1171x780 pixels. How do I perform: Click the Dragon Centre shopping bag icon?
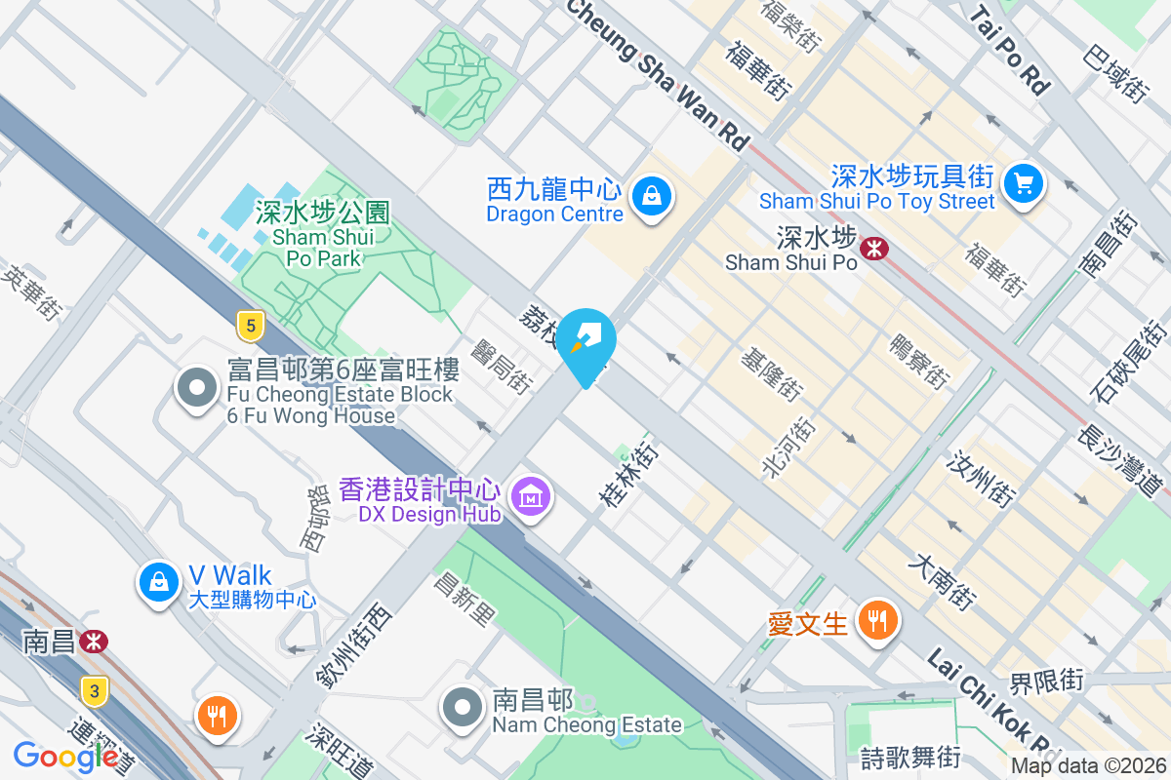click(648, 196)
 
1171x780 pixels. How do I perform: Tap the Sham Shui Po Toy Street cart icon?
click(1023, 182)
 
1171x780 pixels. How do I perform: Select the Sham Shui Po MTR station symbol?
click(873, 249)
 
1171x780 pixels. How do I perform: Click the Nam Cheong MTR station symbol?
click(94, 641)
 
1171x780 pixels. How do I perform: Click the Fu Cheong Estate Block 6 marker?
click(197, 387)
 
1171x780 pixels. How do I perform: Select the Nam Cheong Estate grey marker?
click(464, 709)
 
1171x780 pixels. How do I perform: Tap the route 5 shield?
click(251, 327)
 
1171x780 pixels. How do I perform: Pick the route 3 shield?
click(94, 691)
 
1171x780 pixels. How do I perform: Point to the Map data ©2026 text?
click(1087, 766)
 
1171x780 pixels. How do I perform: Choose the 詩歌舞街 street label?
click(910, 757)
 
